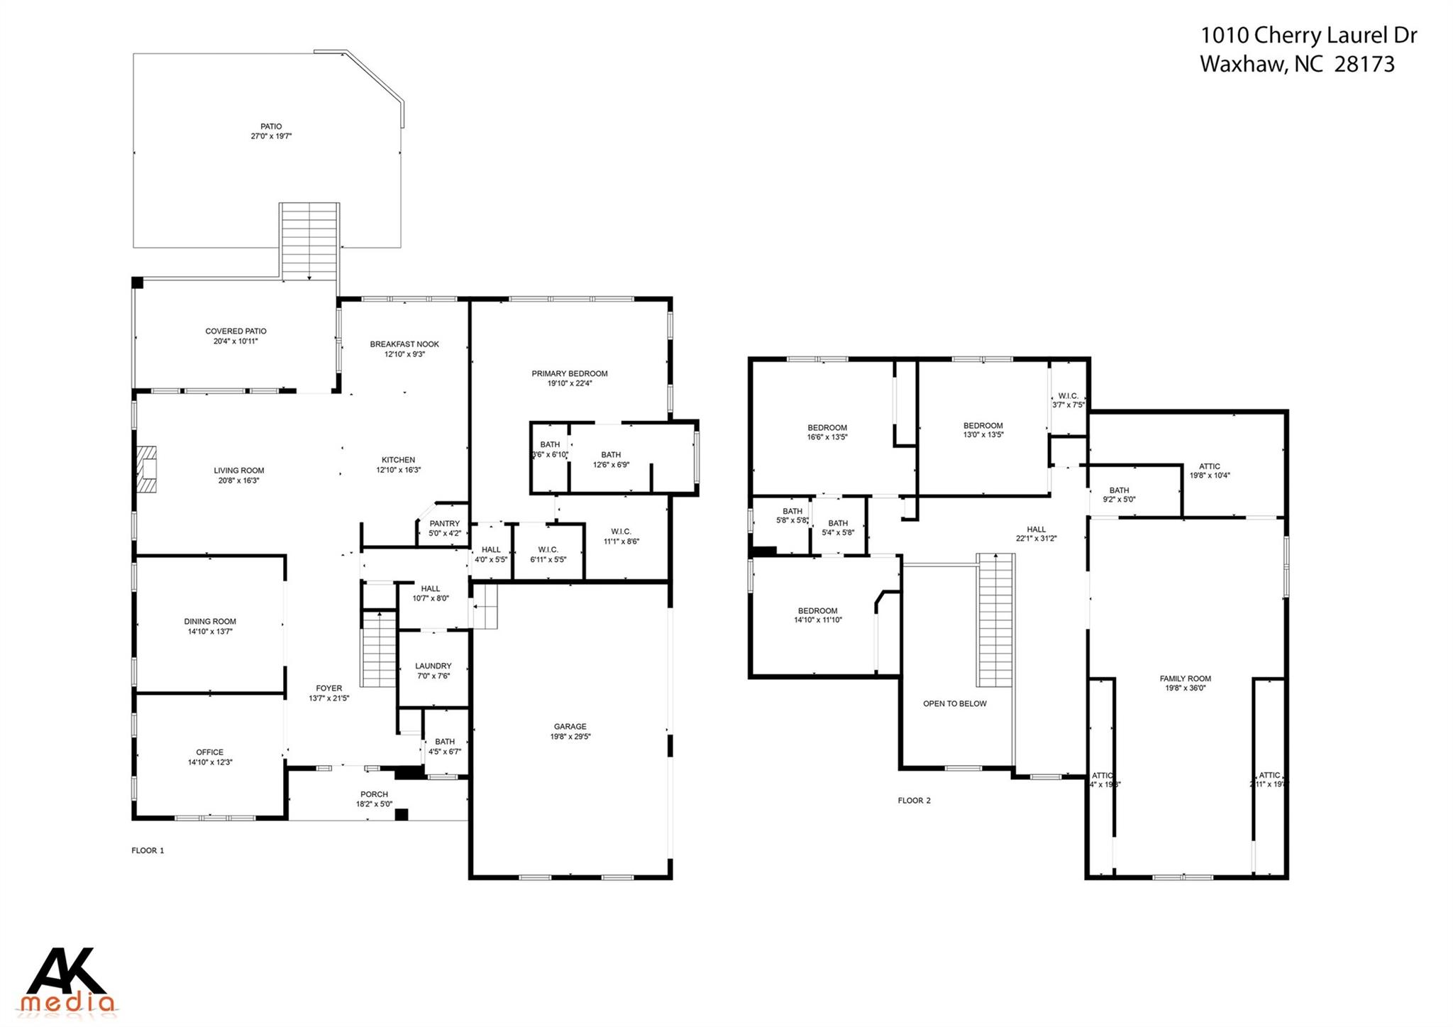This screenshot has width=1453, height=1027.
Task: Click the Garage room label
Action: point(570,726)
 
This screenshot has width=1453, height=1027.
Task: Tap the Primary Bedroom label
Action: point(570,373)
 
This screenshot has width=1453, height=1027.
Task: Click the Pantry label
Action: point(444,524)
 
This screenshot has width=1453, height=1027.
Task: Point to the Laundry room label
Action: point(433,666)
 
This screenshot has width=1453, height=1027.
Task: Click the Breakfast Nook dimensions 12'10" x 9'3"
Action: point(404,354)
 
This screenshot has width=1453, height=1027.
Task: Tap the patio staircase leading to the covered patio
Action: point(309,241)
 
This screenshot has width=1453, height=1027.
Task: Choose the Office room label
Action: point(209,752)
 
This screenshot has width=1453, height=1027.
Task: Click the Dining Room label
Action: point(210,621)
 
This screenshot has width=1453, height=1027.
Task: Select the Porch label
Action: point(374,794)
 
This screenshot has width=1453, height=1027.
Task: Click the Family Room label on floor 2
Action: point(1185,679)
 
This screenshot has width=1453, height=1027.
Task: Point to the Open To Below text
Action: point(954,703)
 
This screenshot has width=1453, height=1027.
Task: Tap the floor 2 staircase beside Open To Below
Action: point(995,620)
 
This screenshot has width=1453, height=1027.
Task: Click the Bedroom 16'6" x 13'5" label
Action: point(827,427)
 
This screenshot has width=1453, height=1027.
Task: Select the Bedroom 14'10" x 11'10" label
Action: point(817,610)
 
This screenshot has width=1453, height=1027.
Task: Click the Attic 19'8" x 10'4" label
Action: point(1210,466)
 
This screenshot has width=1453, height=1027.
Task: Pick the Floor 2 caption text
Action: point(914,800)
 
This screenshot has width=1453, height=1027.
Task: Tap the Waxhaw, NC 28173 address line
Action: point(1297,65)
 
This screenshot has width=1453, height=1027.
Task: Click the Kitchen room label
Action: point(398,460)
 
